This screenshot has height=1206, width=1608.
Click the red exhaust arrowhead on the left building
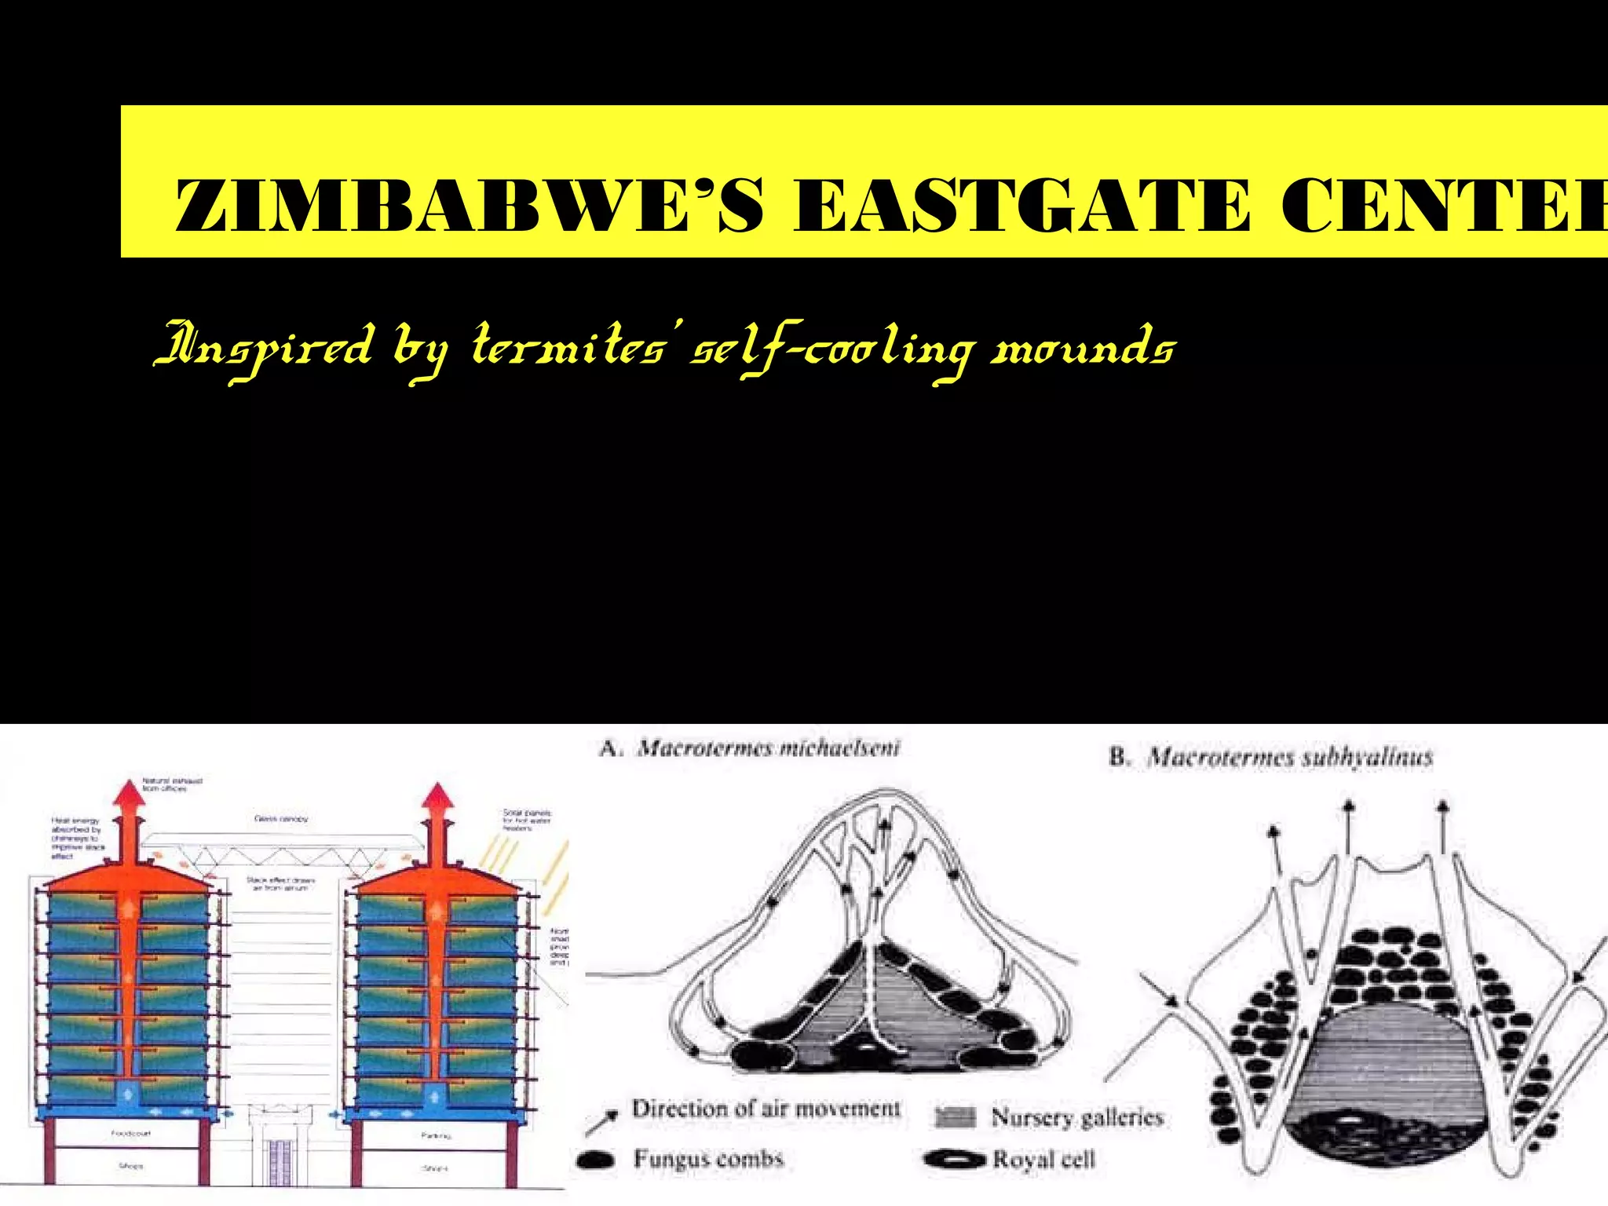tap(130, 793)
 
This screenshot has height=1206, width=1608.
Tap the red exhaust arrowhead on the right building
tap(438, 796)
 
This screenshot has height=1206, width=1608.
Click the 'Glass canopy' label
tap(281, 819)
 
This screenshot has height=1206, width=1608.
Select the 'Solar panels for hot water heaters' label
tap(527, 820)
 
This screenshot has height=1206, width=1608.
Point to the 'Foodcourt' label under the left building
tap(130, 1134)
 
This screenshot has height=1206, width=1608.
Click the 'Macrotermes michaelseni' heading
tap(768, 748)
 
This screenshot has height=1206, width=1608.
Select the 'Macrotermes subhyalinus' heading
tap(1289, 758)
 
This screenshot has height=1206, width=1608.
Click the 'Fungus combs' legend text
tap(708, 1159)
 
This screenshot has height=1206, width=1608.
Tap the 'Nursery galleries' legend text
tap(1076, 1116)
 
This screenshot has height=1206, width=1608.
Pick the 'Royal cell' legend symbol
tap(954, 1159)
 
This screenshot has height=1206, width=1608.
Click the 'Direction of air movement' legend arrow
tap(601, 1123)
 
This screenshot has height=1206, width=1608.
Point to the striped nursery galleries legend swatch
tap(956, 1117)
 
